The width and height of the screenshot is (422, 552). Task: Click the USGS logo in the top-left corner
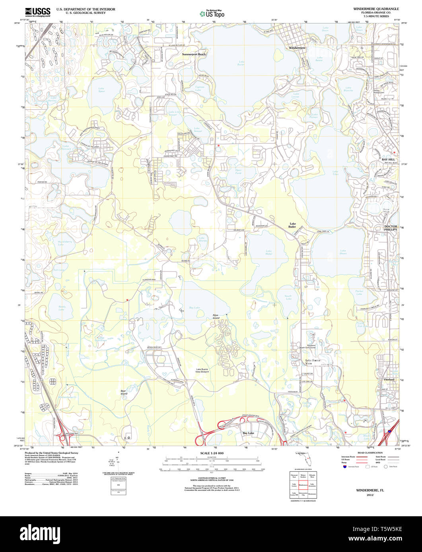tap(37, 12)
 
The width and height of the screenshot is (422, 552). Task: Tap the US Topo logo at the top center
tap(212, 14)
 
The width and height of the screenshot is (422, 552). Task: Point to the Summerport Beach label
tap(194, 54)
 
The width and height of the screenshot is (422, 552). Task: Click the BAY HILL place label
tap(389, 159)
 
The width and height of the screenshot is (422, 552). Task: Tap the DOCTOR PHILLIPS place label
tap(391, 228)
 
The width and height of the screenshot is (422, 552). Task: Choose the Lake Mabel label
tap(269, 252)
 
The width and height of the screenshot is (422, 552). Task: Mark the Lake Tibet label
tap(335, 172)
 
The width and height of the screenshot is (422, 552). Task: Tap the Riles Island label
tap(216, 317)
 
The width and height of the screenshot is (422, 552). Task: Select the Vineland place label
tap(389, 379)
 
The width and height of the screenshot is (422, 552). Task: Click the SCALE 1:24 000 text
tap(212, 453)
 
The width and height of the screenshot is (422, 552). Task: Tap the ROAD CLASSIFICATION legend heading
tap(370, 453)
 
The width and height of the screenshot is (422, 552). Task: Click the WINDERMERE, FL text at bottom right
tap(370, 491)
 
